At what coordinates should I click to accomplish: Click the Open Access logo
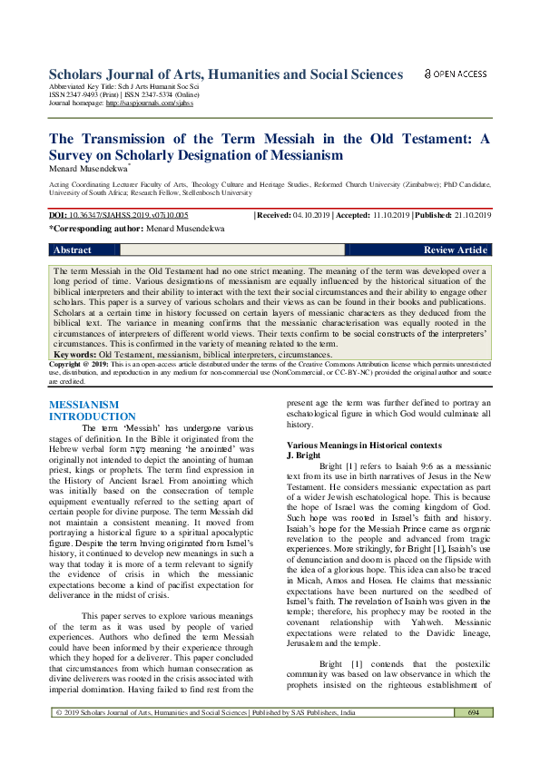[x=457, y=73]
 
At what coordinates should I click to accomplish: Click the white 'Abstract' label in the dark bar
[x=73, y=250]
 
